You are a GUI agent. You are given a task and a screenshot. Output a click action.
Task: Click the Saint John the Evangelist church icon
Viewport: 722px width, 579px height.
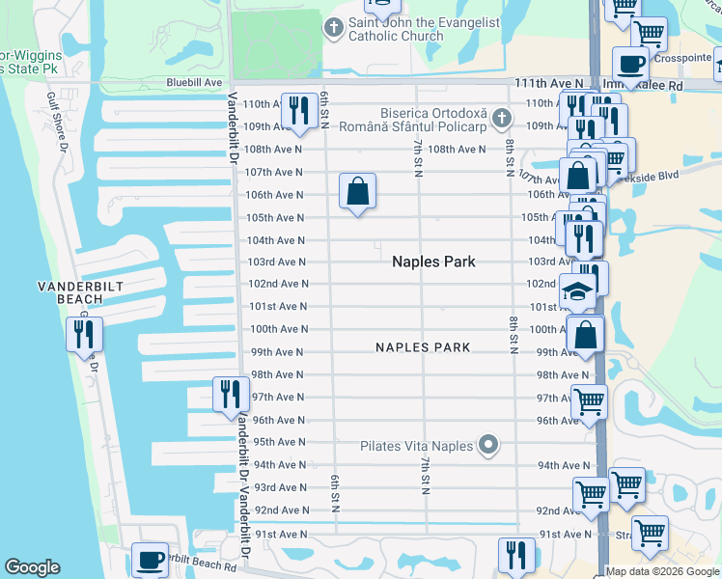tap(334, 28)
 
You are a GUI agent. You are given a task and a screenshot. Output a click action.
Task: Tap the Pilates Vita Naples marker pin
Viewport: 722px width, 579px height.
tap(488, 445)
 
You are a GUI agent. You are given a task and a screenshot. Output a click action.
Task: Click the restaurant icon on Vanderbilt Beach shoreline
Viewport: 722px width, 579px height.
tap(83, 334)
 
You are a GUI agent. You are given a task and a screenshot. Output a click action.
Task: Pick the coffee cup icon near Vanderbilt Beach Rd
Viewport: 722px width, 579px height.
tap(149, 561)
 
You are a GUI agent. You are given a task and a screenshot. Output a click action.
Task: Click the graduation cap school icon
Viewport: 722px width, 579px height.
tap(577, 290)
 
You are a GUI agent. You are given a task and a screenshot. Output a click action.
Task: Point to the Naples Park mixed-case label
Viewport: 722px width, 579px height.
tap(433, 262)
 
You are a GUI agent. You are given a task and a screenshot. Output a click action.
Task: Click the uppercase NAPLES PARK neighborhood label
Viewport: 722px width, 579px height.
tap(423, 347)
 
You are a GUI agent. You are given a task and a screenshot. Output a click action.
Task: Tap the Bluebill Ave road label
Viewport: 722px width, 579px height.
tap(194, 83)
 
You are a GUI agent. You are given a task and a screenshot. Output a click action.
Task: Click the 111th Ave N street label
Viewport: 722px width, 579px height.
tap(549, 84)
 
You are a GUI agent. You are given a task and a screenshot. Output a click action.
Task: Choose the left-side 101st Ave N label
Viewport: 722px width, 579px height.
tap(278, 307)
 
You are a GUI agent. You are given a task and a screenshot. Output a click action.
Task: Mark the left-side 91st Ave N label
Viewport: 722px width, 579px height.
tap(281, 534)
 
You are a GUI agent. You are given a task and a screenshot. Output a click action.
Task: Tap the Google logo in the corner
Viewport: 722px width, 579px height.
tap(32, 567)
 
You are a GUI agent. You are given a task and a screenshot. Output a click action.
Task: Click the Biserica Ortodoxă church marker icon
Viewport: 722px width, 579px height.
tap(500, 119)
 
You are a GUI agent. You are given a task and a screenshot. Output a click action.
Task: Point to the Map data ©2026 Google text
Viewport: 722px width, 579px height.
tap(662, 571)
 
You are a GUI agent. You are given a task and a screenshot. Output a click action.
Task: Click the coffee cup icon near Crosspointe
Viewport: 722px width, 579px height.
tap(631, 66)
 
